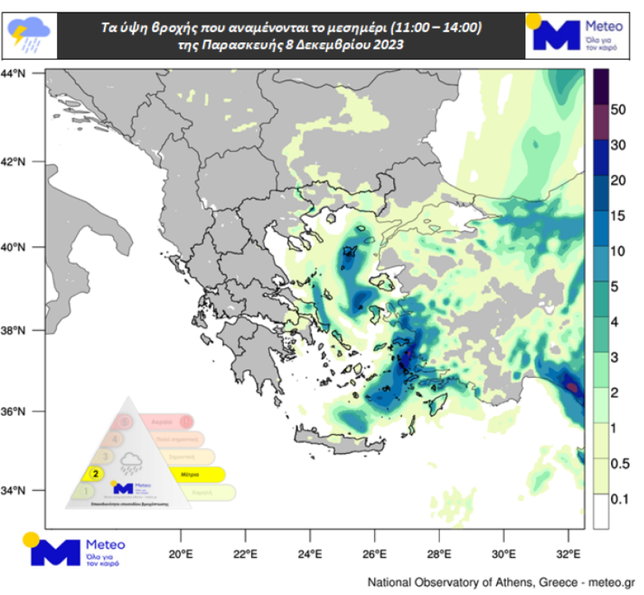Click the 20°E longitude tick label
(181, 553)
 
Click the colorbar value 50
(617, 110)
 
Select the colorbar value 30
(617, 145)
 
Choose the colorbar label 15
(617, 216)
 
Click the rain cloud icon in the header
(29, 34)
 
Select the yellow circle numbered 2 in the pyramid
(94, 473)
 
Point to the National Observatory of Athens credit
(501, 583)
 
